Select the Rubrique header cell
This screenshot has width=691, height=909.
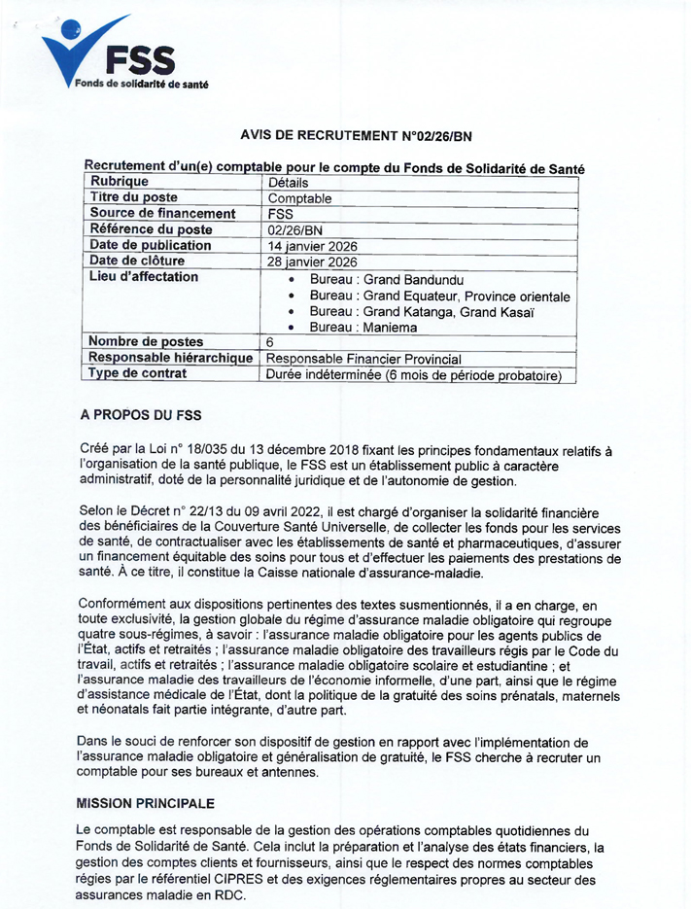[120, 182]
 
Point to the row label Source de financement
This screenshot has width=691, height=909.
[162, 214]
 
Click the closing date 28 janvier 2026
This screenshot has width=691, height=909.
[312, 262]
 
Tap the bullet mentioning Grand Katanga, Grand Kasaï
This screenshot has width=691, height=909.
[422, 312]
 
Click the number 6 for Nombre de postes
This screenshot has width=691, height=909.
[270, 342]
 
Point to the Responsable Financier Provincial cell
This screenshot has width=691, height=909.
[363, 359]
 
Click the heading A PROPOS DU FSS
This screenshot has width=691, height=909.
[141, 415]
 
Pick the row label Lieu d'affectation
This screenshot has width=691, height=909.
[144, 277]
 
